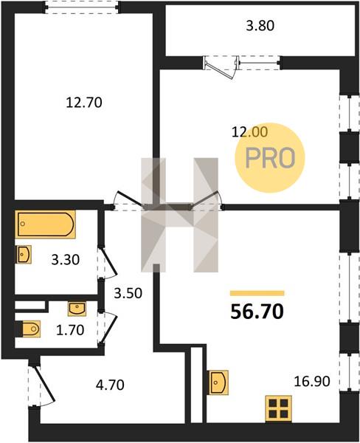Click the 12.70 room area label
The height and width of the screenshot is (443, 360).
coord(84,103)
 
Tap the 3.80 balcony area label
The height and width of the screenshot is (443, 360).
coord(260,26)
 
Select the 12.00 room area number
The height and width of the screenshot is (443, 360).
coord(249,132)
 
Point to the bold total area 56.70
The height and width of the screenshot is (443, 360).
coord(257,312)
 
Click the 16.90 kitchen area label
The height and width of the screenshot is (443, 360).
coord(312,382)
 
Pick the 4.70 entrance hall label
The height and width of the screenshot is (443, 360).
coord(110,385)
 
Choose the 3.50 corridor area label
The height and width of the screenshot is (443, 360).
coord(128,293)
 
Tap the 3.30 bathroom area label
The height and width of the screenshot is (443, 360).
coord(65,260)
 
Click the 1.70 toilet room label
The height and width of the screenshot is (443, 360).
coord(70,330)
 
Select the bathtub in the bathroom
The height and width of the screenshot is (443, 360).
coord(46,224)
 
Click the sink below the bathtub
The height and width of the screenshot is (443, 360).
coord(24,254)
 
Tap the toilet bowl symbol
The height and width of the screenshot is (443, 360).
coord(28,329)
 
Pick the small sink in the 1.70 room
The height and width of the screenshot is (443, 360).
coord(77,309)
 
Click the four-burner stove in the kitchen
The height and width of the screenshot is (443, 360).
coord(278,408)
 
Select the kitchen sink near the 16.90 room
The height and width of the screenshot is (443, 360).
coord(218,382)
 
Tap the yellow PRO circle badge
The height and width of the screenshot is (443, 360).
coord(270,158)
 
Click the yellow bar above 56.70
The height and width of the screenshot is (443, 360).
coord(257,293)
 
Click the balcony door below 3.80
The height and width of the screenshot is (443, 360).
coord(222,67)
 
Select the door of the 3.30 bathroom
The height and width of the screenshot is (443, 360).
coord(107,263)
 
